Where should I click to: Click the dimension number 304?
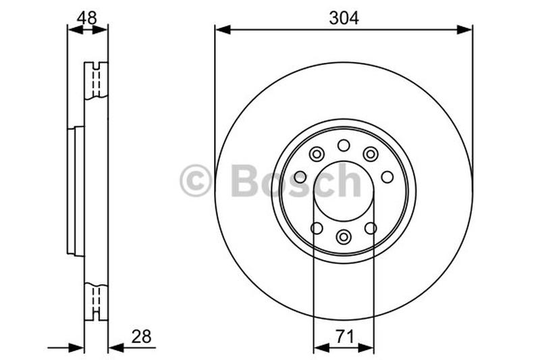344,18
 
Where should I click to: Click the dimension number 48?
86,18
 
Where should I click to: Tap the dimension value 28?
141,335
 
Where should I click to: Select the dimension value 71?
344,335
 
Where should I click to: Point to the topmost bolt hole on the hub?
344,145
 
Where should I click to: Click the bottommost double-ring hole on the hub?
344,236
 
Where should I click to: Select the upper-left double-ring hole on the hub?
317,155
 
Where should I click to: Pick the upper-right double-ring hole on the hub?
371,155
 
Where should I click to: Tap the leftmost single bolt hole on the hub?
300,177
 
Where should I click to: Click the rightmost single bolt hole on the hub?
387,177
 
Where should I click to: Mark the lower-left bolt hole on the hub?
317,228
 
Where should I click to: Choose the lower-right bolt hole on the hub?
371,228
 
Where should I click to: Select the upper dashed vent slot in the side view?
96,80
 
